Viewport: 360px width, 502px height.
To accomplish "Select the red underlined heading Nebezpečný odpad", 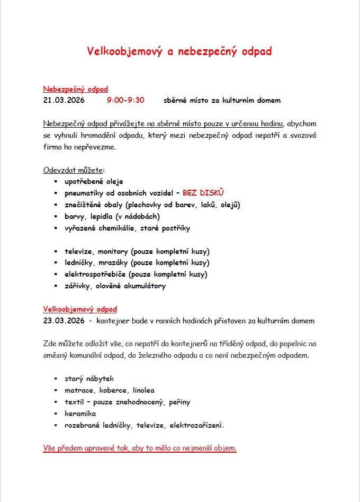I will (x=75, y=89).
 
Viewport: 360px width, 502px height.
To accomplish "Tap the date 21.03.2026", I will (x=64, y=100).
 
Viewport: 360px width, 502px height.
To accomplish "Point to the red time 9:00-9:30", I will (x=125, y=100).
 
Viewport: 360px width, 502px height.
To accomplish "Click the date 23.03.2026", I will (x=64, y=321).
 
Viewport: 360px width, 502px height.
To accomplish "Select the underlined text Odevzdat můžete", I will (x=74, y=170).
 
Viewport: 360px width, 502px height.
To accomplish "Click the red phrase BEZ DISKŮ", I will (x=204, y=193).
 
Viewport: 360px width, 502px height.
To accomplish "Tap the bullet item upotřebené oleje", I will (x=94, y=181).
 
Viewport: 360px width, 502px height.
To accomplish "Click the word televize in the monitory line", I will (x=79, y=251).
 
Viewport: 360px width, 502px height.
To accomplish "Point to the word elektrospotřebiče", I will (x=95, y=274).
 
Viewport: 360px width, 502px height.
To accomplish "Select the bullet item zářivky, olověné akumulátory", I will (x=115, y=286).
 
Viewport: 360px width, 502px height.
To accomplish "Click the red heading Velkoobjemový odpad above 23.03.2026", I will (x=80, y=309).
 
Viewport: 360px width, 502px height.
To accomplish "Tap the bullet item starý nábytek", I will (x=89, y=378).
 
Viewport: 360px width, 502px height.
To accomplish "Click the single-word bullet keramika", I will (x=80, y=413).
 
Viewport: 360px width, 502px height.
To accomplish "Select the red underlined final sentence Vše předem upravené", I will (x=140, y=448).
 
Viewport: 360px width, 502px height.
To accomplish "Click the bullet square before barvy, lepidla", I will (x=55, y=216).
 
